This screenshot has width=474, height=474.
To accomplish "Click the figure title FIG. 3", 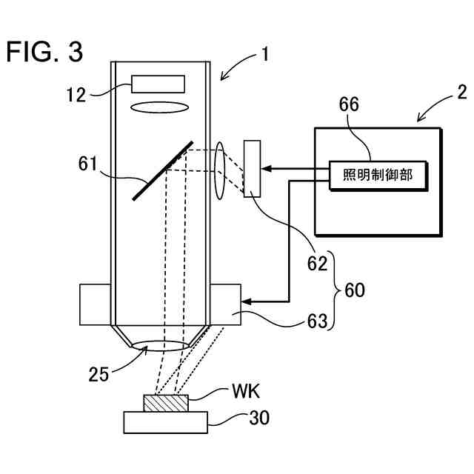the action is [44, 52].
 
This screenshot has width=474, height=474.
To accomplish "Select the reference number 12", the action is [76, 95].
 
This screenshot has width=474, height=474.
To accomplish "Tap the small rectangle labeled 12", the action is [158, 84].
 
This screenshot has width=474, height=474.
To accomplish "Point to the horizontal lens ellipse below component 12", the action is [160, 107].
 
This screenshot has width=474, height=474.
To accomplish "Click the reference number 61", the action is [87, 164].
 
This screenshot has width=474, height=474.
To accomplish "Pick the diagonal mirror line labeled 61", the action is [163, 170].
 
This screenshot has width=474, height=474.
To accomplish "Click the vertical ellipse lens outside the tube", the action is [220, 170].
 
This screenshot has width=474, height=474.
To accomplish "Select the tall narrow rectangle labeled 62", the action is [252, 169].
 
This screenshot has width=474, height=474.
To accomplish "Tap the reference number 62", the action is [317, 264].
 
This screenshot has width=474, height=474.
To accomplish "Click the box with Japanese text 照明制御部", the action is [378, 176].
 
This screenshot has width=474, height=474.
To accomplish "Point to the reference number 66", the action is [349, 104].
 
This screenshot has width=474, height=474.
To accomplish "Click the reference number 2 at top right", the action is [462, 93].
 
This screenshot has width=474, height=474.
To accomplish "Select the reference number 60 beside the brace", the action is [355, 290].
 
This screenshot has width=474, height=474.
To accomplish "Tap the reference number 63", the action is [318, 321].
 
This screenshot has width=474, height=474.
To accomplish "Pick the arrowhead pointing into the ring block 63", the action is [247, 301].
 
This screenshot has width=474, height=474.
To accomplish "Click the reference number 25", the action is [99, 374].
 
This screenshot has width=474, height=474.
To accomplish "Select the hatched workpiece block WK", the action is [166, 403].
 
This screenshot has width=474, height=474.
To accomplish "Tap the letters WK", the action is [246, 391].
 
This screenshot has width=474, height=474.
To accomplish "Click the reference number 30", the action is [259, 418].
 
